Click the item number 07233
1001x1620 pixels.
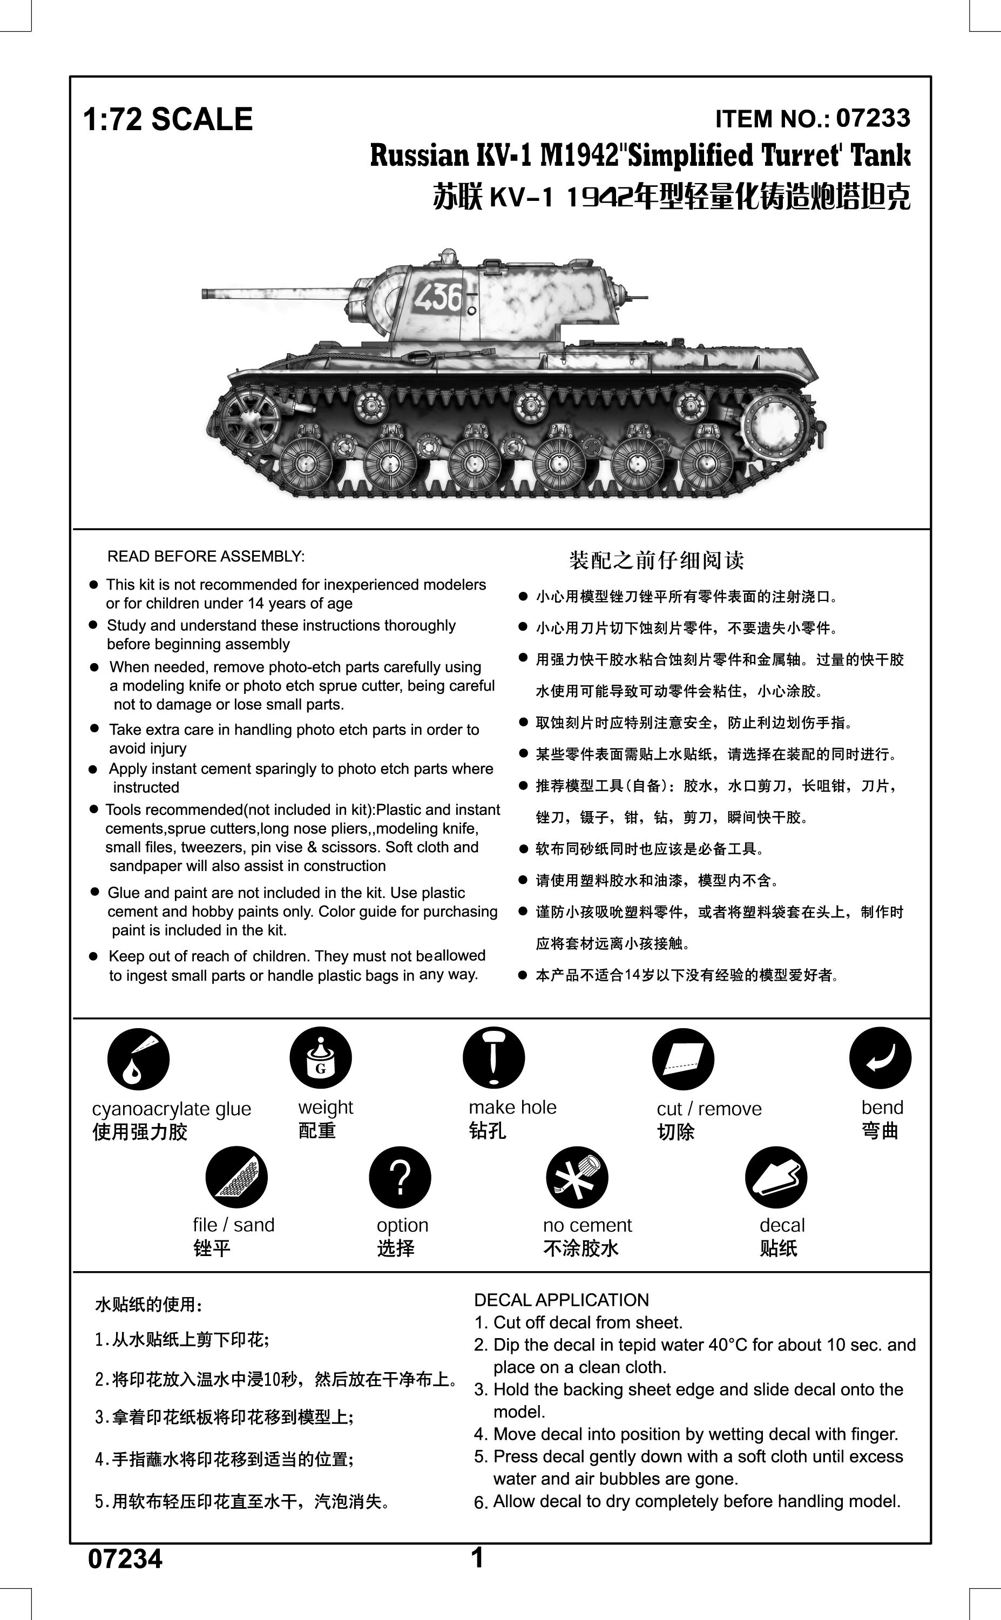pos(873,118)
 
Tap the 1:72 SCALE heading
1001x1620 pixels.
pos(168,120)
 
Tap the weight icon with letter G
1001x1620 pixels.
pos(320,1058)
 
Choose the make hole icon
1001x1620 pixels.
pos(493,1058)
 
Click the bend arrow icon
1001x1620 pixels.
pos(880,1057)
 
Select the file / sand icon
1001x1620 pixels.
pos(236,1177)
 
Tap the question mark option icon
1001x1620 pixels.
pos(400,1177)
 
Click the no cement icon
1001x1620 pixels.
pos(577,1177)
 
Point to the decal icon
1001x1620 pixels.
pos(775,1177)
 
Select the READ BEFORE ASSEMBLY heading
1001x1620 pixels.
pos(206,556)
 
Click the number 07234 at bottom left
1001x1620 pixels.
pos(125,1559)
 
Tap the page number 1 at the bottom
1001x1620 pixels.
pos(477,1558)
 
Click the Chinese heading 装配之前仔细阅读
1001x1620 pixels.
pos(656,560)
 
